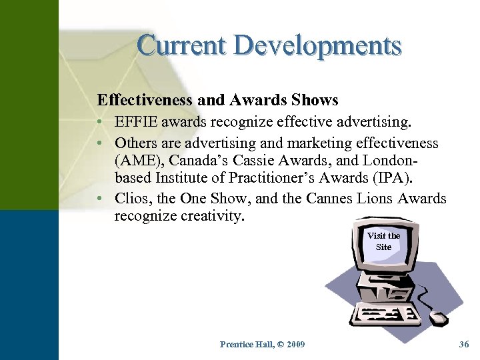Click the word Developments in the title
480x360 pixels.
pos(319,45)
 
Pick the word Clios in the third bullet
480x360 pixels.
pos(132,198)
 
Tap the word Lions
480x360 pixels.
pos(377,198)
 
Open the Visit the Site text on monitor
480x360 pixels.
pos(383,241)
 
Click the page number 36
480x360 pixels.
pos(464,344)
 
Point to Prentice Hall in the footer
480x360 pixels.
pos(244,344)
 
